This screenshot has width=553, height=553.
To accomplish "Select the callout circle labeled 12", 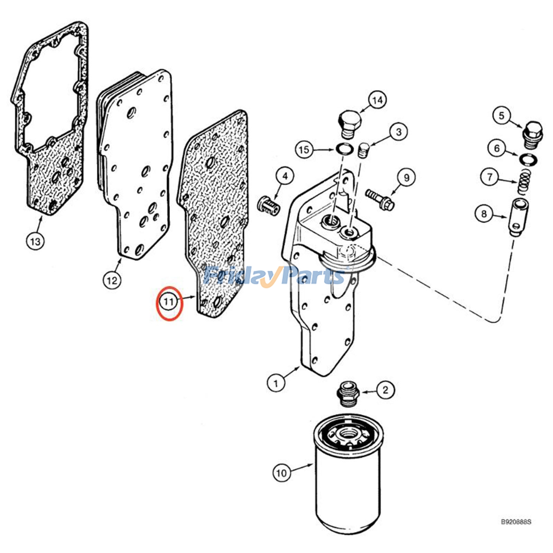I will [112, 280].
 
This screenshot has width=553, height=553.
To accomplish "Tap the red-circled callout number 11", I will [169, 302].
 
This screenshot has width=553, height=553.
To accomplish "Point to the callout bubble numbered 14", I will [377, 100].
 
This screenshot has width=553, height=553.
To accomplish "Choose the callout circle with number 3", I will [399, 132].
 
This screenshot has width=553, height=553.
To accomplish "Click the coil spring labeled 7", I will [525, 182].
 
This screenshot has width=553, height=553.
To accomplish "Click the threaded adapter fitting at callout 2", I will [348, 394].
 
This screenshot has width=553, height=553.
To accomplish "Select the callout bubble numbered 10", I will [282, 472].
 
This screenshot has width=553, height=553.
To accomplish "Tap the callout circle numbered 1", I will [276, 383].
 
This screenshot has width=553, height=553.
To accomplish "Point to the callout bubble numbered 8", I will [484, 214].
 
